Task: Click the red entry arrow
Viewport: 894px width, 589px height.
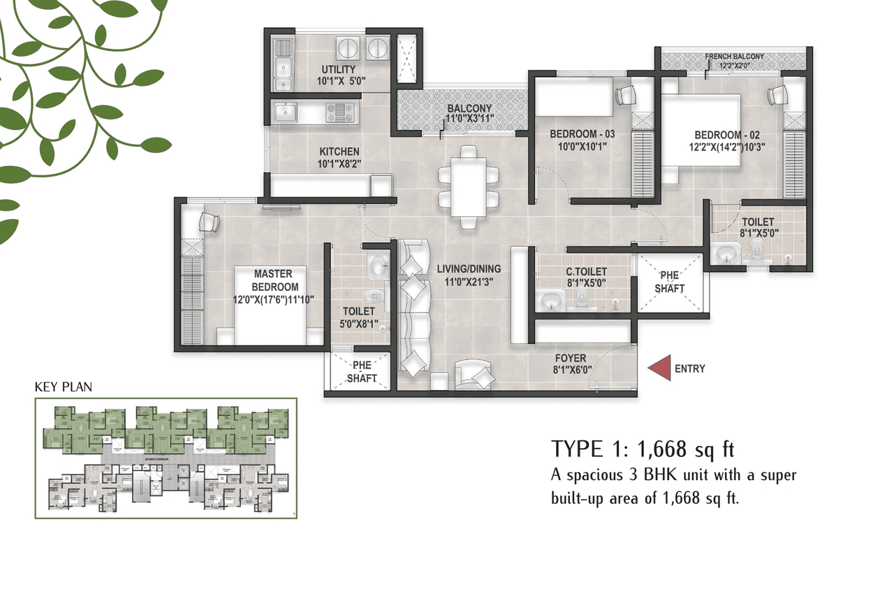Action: [659, 368]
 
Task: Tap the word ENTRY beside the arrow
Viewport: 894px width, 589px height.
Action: [690, 369]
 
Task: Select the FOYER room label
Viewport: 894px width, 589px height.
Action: [571, 359]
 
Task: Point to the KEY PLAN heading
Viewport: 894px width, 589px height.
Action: [64, 387]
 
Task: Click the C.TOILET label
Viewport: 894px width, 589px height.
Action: [586, 271]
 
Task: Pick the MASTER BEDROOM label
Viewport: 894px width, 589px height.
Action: [273, 281]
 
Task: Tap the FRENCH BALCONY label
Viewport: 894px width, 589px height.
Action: [734, 57]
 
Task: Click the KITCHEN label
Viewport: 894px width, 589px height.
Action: [339, 151]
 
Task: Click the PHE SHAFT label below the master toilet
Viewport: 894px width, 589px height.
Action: [362, 372]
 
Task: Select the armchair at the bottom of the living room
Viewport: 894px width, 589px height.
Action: [475, 375]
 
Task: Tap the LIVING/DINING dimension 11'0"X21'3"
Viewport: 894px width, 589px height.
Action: [469, 281]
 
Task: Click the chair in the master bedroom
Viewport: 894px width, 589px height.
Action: [209, 222]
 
